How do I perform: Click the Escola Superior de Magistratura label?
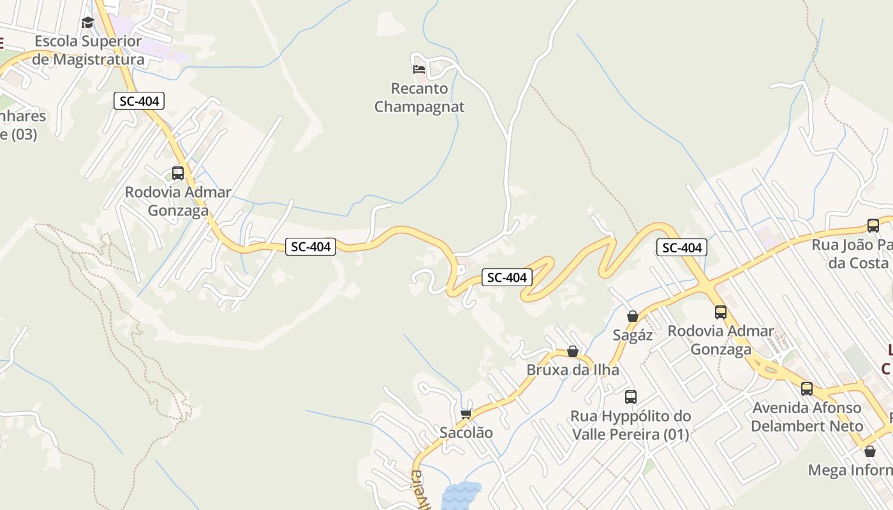(88, 50)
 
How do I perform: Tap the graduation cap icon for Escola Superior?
(87, 23)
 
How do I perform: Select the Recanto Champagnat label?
(419, 98)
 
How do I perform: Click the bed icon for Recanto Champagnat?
(419, 68)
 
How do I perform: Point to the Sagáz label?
(633, 335)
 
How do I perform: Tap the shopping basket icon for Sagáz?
(633, 316)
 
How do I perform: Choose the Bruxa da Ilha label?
(573, 370)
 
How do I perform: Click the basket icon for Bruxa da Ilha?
(573, 351)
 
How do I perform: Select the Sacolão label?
(466, 432)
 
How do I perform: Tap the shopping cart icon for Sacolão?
(466, 414)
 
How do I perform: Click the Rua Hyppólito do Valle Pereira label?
(630, 425)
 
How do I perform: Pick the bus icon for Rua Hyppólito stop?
(631, 397)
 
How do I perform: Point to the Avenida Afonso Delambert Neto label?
(807, 416)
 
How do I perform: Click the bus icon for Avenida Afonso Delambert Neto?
(807, 388)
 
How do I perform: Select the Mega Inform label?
(850, 470)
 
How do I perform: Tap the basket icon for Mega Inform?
(870, 451)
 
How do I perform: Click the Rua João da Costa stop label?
(852, 254)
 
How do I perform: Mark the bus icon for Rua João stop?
(873, 225)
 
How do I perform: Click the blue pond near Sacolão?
(461, 496)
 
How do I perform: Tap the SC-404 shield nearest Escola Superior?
(139, 101)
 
